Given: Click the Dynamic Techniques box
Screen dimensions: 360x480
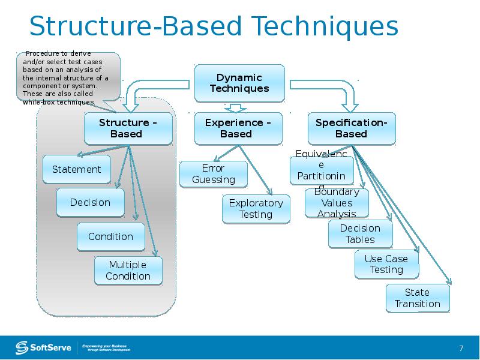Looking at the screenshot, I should (239, 83).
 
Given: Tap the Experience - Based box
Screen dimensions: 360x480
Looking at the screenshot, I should (238, 128).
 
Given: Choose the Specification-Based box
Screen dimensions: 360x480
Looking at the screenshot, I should (352, 128).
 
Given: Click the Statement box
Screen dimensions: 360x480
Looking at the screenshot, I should (76, 169).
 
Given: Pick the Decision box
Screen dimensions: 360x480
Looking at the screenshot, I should (90, 203).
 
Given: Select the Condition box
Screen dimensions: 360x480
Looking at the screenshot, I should (110, 236).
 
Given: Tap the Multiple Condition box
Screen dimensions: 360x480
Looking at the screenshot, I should (128, 271).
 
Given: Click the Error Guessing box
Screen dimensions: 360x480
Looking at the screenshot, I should (213, 174).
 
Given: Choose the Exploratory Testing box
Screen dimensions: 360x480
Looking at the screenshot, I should (256, 209).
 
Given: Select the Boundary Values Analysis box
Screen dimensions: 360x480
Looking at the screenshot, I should (337, 203).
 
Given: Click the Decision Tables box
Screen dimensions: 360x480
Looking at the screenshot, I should (360, 234).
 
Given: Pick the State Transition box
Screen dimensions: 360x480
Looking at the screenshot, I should (418, 298).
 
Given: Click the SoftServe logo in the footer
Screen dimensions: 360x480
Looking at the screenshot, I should (44, 347).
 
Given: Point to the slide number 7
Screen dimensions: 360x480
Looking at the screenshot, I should (461, 349).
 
